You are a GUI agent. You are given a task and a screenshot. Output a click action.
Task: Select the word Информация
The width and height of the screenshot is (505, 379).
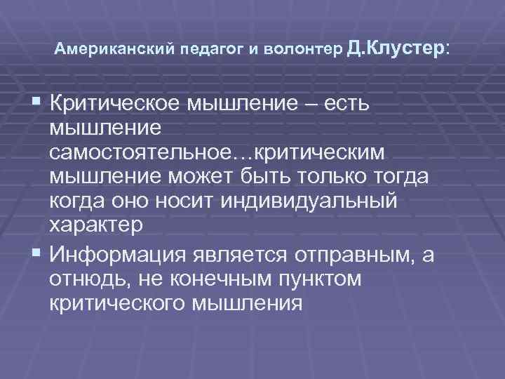[115, 253]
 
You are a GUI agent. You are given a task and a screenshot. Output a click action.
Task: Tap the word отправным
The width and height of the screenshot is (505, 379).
[350, 253]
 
